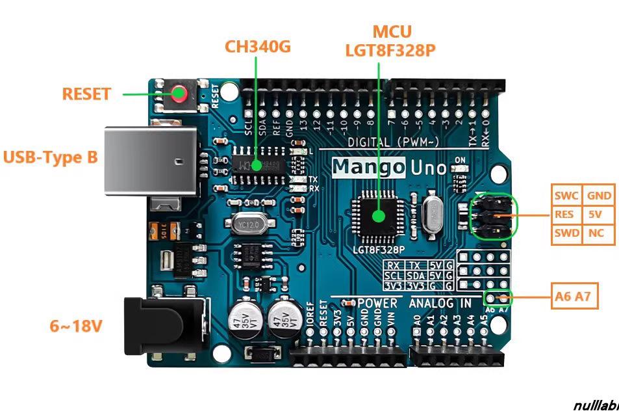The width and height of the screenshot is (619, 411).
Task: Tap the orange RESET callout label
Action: (x=86, y=94)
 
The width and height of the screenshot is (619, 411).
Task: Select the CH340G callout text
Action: (x=257, y=47)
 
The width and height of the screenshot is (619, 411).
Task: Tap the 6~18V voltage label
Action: (x=76, y=326)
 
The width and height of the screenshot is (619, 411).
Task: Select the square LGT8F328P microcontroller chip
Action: (x=378, y=215)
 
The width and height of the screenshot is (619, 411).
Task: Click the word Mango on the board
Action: (x=368, y=168)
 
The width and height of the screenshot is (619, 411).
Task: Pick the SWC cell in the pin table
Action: (x=566, y=195)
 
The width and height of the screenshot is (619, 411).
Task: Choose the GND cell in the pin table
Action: (x=598, y=195)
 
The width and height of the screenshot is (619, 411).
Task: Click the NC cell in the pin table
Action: (x=598, y=233)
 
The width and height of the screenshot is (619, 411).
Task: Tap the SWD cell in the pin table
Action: (x=566, y=233)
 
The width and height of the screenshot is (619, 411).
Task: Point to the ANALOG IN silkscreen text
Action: (x=440, y=303)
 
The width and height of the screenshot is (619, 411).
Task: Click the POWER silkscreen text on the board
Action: (x=377, y=303)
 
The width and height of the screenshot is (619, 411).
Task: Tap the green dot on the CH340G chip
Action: (x=257, y=165)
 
